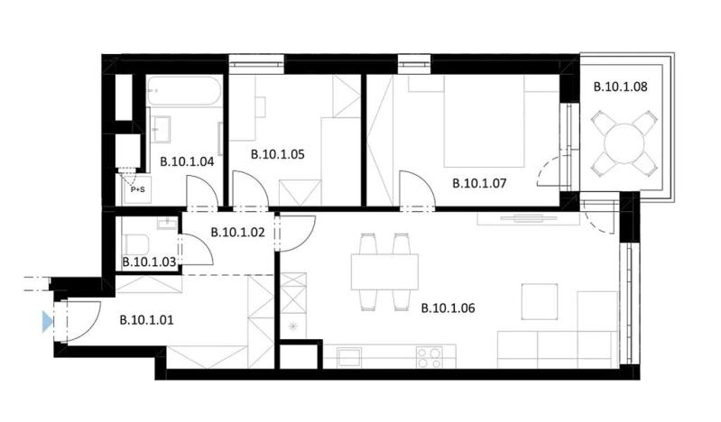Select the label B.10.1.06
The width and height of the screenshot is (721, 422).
coord(448,307)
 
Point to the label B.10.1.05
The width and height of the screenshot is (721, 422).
coord(276,153)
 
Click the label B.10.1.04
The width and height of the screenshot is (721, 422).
coord(187,162)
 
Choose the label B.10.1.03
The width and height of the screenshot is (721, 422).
coord(149,262)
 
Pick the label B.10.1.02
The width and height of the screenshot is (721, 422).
coord(236,232)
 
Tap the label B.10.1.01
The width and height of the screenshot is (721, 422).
coord(146,317)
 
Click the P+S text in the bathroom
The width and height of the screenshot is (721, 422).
coord(137,189)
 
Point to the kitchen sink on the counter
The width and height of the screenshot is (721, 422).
coord(348,357)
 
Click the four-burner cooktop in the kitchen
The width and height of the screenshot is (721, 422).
coord(429,357)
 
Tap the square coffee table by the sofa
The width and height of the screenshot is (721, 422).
coord(541,301)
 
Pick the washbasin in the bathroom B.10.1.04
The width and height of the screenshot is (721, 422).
coord(163,128)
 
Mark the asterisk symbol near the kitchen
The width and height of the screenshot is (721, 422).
coord(292,326)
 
